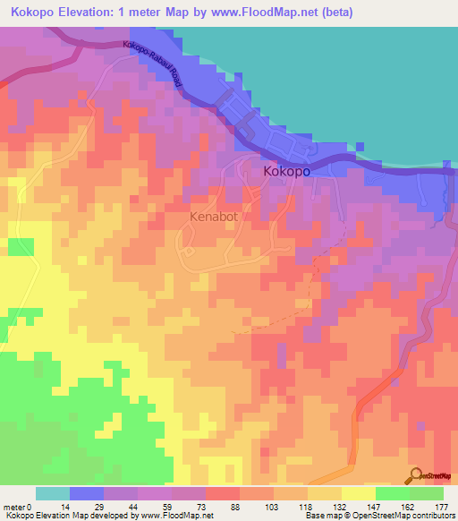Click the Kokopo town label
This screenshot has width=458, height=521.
coord(286,170)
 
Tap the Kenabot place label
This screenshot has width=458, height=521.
coord(216,217)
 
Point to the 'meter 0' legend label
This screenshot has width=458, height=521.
coord(20,506)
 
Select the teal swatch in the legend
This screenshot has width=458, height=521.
coord(53,493)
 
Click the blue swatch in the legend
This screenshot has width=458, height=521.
coord(87,493)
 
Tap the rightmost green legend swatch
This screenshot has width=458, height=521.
coord(427,493)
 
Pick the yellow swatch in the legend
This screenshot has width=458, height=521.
coord(359,493)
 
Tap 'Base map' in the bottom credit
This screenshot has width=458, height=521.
coord(319,516)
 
